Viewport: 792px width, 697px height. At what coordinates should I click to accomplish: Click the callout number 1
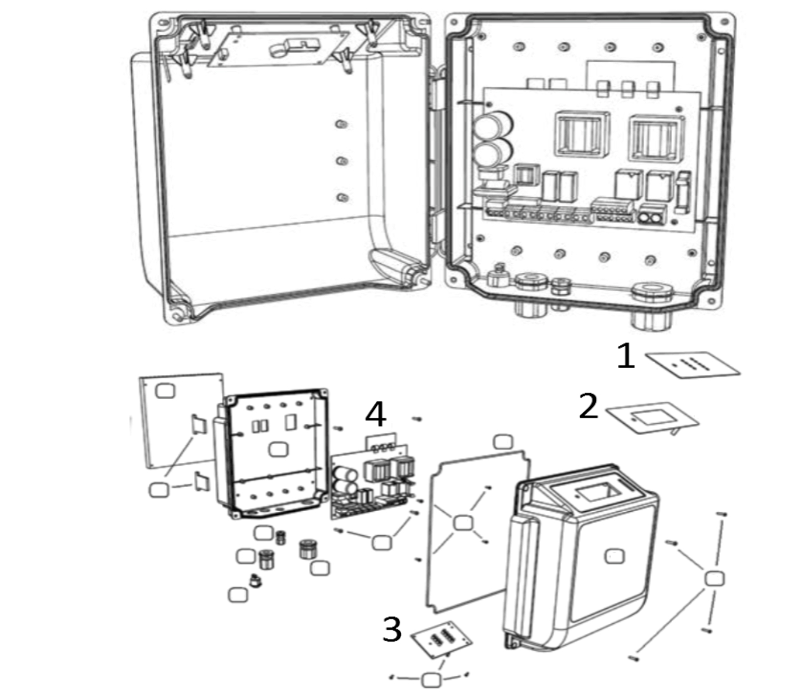pos(626,356)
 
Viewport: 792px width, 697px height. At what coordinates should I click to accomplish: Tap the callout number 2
pos(589,406)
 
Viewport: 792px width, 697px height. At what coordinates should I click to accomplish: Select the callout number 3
pos(392,629)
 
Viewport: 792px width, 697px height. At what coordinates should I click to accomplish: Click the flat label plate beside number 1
pos(693,365)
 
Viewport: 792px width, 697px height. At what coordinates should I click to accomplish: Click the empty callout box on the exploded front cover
pos(615,556)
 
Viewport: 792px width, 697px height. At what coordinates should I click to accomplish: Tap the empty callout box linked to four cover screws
pos(714,579)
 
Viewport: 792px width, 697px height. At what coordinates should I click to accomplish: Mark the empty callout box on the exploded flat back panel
pos(165,390)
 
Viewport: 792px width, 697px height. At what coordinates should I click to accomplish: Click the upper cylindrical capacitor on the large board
pos(493,124)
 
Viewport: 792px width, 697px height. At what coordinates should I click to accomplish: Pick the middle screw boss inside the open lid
pos(342,161)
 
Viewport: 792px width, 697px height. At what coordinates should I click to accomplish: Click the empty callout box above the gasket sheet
pos(503,442)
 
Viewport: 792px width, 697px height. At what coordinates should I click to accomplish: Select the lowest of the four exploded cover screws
pos(633,658)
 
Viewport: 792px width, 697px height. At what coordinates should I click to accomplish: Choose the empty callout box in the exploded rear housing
pos(278,450)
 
